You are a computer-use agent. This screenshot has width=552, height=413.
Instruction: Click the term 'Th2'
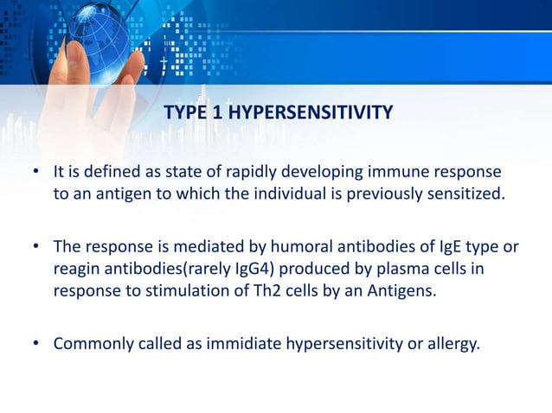[245, 290]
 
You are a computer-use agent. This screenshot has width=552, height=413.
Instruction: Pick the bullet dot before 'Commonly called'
[37, 345]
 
